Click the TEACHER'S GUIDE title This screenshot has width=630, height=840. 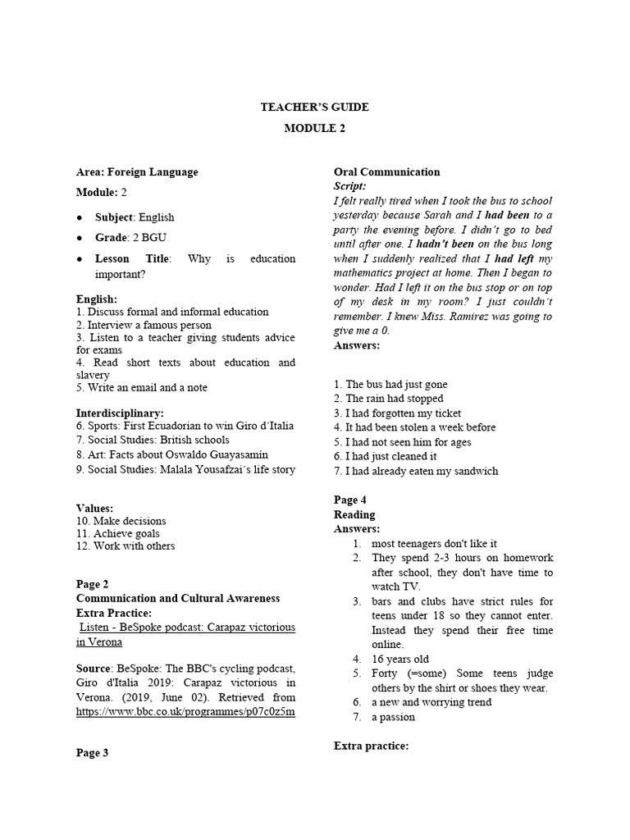[x=315, y=107]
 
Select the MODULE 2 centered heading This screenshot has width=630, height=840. [x=315, y=128]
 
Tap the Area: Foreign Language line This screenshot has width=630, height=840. [x=137, y=171]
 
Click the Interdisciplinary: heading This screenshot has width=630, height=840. [x=120, y=413]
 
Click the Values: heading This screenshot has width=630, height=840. [x=94, y=509]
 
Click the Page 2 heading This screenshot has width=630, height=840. [x=92, y=584]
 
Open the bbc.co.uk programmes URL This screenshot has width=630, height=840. [x=185, y=711]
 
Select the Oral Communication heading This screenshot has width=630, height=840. [x=386, y=171]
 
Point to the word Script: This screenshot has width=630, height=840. [x=350, y=186]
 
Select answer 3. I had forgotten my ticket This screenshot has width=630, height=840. [x=397, y=413]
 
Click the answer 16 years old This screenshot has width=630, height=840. [x=399, y=659]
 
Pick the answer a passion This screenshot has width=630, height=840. [x=393, y=717]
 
